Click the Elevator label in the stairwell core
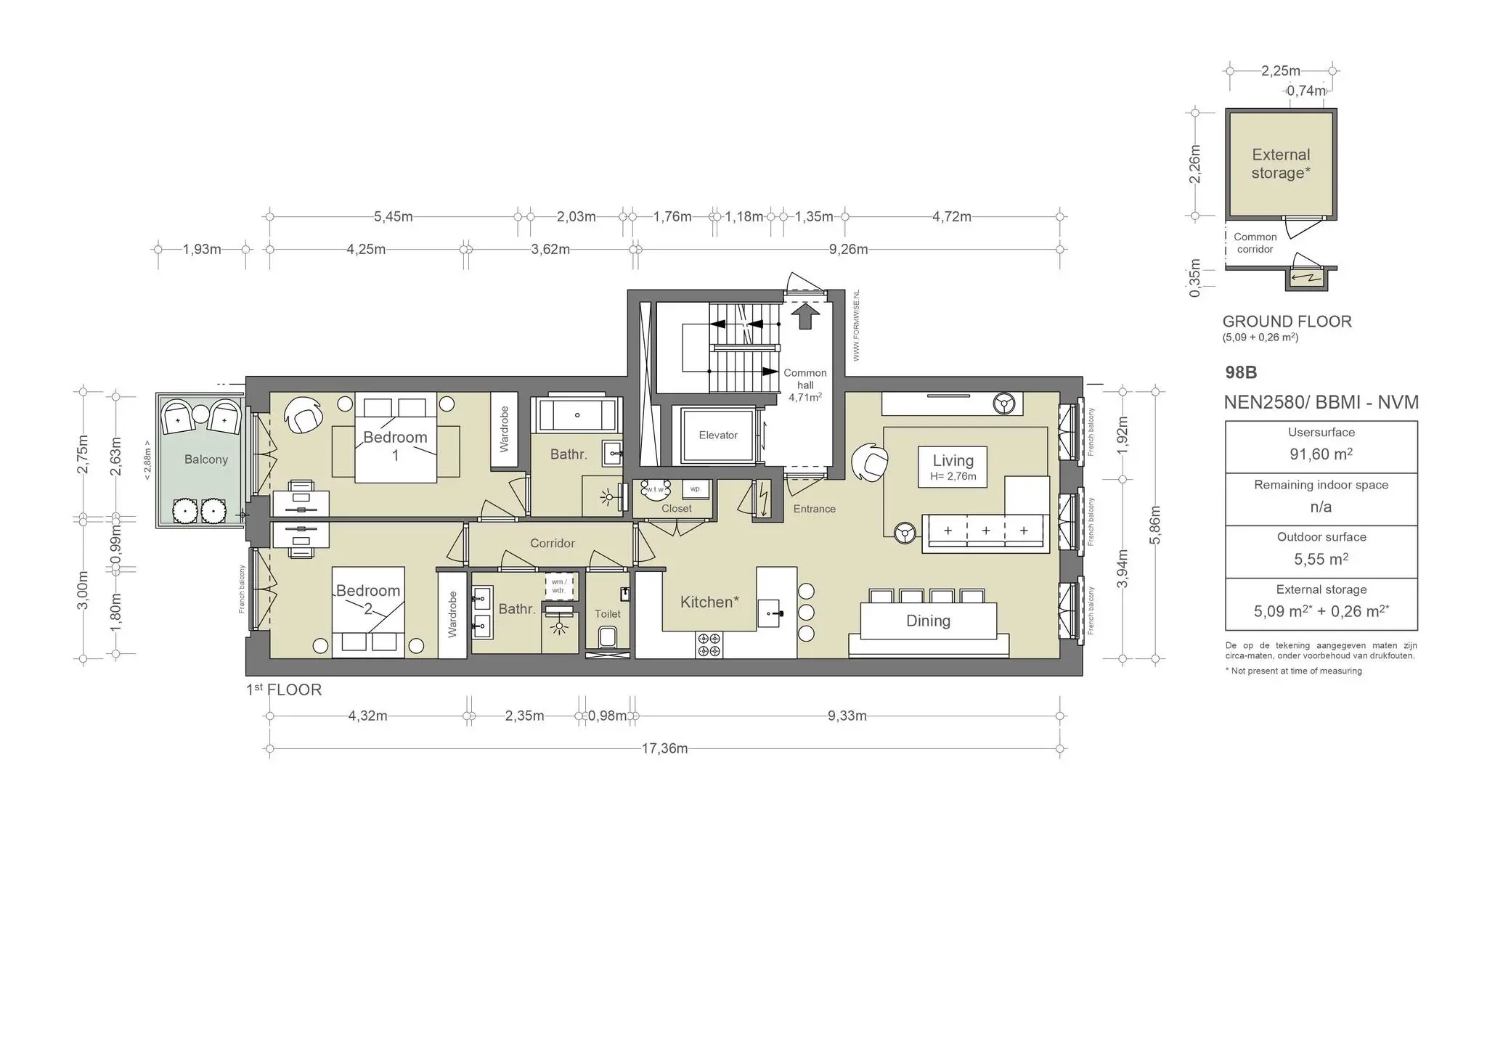tap(717, 435)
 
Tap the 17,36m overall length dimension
tap(664, 748)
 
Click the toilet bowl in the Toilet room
tap(607, 638)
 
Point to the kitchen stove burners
tap(709, 645)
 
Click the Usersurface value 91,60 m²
tap(1321, 454)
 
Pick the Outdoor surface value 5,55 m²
tap(1321, 560)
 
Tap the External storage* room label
tap(1280, 163)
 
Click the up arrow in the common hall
tap(804, 316)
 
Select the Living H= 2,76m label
tap(953, 467)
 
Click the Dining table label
tap(928, 621)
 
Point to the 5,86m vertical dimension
tap(1155, 524)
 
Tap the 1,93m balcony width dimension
tap(201, 249)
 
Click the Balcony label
tap(205, 459)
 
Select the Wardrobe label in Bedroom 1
tap(504, 429)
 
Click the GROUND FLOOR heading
tap(1287, 322)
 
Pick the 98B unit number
tap(1240, 372)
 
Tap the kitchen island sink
tap(771, 613)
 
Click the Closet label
tap(676, 509)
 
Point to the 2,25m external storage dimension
tap(1280, 71)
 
